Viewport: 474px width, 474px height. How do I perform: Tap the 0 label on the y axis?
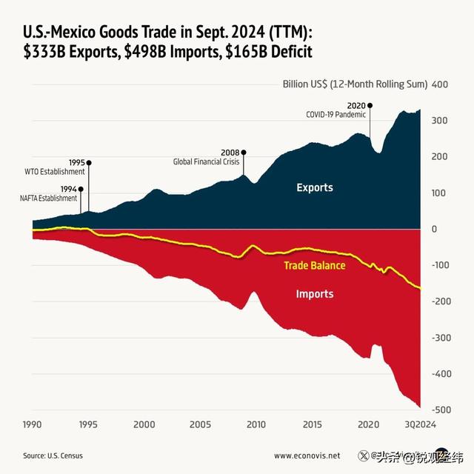click(x=435, y=229)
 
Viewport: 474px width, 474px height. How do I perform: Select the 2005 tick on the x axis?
click(x=201, y=424)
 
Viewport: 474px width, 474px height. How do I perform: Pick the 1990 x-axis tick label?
click(x=33, y=424)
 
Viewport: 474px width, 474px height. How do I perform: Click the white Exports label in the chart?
click(x=315, y=187)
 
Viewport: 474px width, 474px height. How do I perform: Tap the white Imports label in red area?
click(x=315, y=294)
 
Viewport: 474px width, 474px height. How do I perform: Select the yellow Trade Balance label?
click(x=315, y=265)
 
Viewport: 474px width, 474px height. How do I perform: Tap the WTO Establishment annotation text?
click(x=56, y=171)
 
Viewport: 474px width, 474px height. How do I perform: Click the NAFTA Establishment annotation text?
click(x=49, y=198)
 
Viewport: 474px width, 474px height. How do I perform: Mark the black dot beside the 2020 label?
click(x=370, y=106)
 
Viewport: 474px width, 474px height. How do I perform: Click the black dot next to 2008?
click(x=244, y=153)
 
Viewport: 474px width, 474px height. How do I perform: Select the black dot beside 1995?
click(x=89, y=162)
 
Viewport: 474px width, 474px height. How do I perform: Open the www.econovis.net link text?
click(x=307, y=455)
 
